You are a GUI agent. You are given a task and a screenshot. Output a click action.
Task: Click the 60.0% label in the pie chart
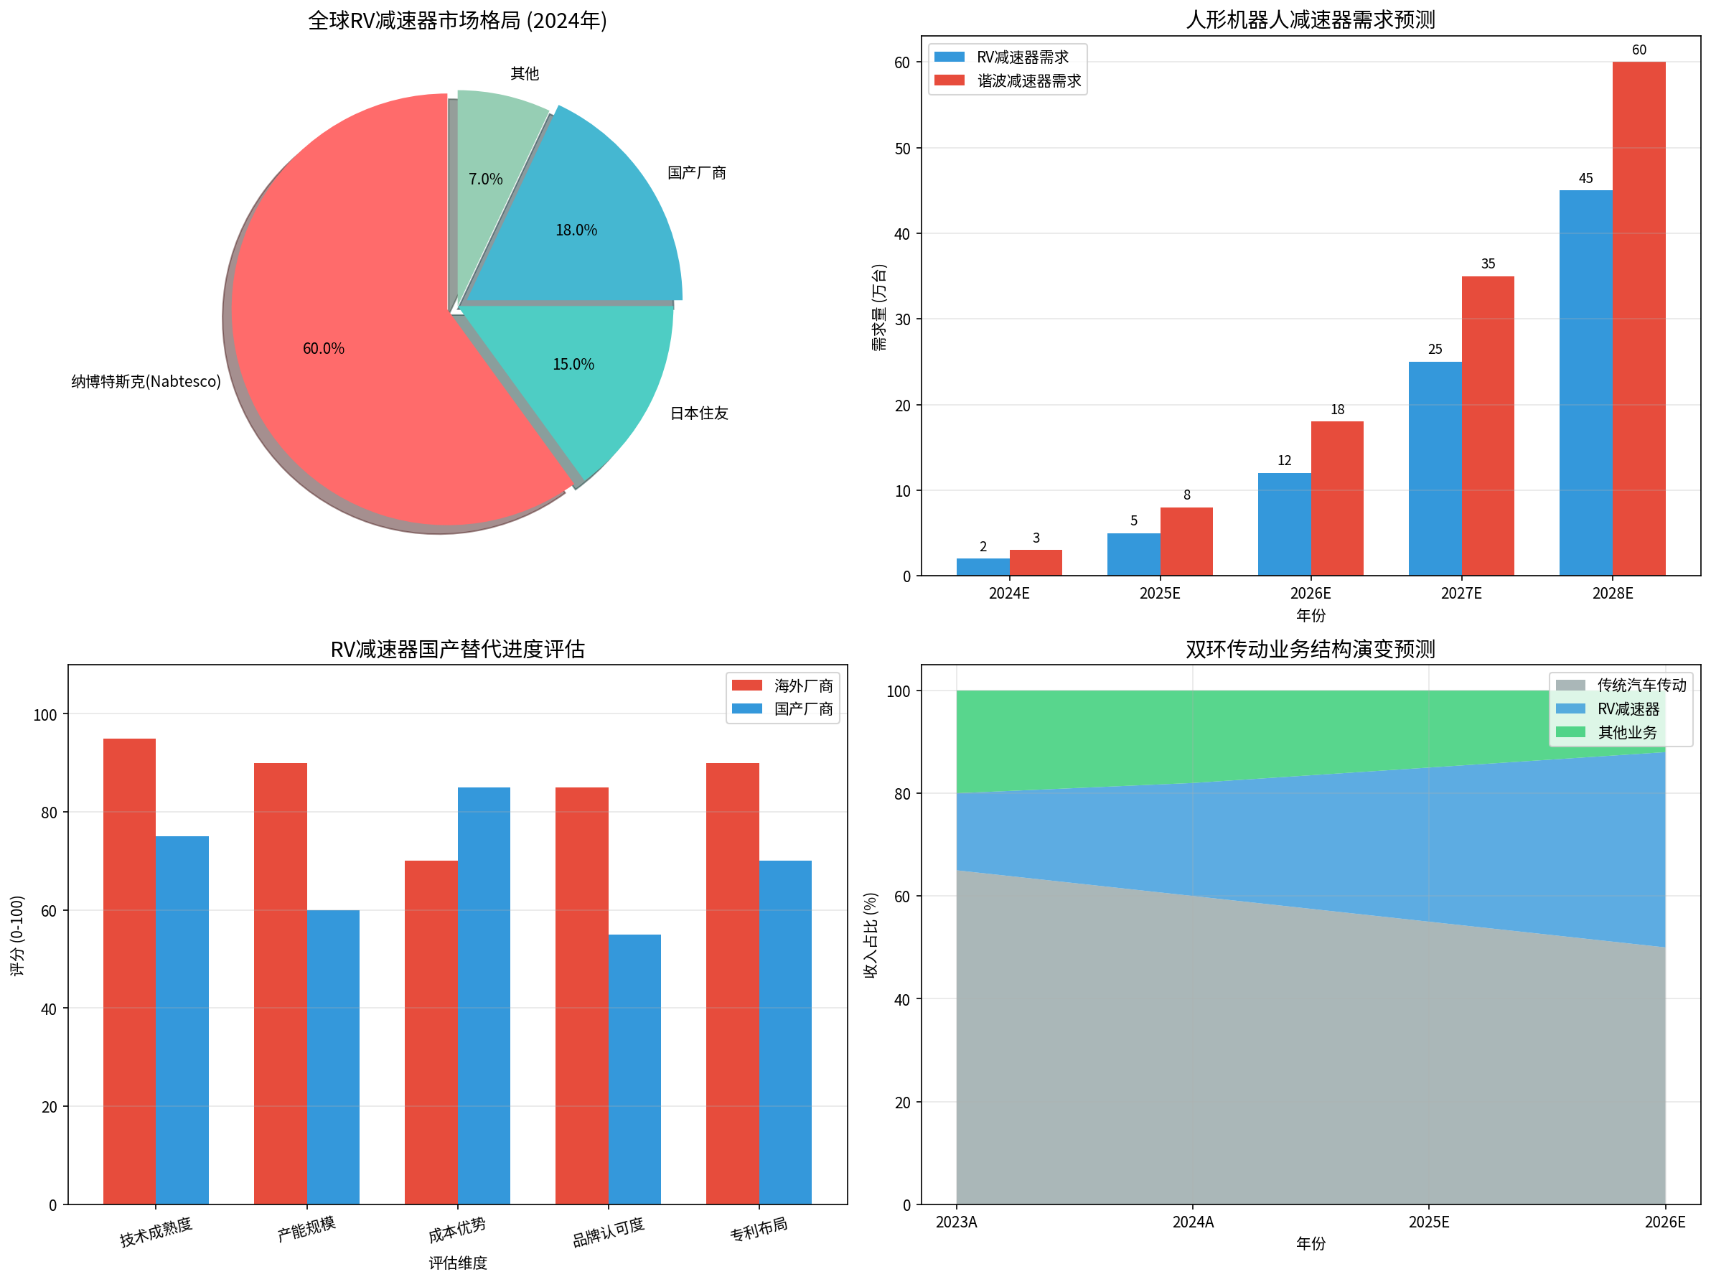324,349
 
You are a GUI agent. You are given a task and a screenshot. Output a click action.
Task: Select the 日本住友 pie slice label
698,414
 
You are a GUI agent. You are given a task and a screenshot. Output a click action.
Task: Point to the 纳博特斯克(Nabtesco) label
146,381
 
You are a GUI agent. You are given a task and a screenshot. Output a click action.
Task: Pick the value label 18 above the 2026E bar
1337,410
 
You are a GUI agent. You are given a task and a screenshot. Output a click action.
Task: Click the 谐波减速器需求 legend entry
1028,81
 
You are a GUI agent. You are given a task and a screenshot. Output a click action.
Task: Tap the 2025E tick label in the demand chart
1160,594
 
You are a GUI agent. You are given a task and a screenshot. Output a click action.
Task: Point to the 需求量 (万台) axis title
878,307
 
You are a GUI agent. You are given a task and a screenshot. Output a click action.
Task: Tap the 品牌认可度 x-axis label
608,1232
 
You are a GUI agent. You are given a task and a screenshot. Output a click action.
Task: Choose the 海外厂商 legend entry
803,686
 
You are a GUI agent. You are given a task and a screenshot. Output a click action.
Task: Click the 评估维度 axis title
458,1263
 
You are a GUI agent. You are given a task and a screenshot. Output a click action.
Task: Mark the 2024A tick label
1193,1222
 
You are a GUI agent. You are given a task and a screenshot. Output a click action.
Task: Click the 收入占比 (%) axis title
871,935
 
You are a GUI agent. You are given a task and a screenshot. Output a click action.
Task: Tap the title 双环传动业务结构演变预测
1311,649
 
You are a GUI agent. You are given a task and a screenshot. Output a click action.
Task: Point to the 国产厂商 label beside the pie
696,173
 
